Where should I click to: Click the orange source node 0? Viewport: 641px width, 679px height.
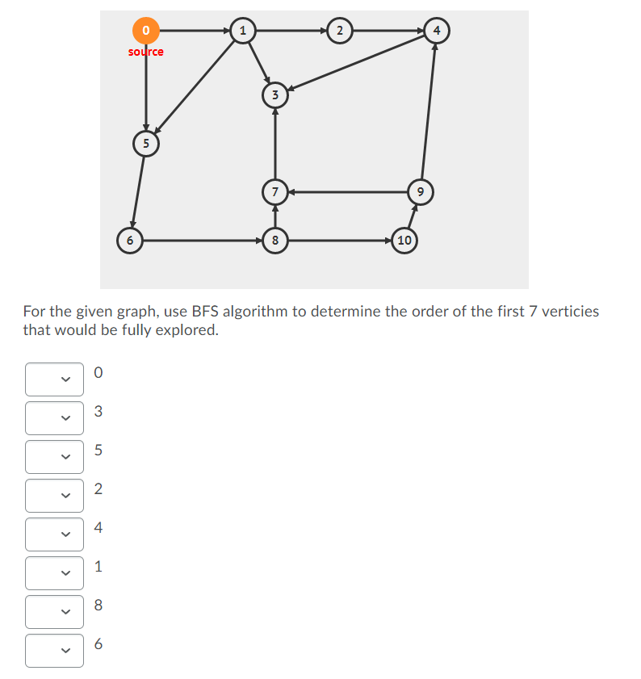(x=146, y=31)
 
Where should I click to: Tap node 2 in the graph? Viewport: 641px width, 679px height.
(x=340, y=31)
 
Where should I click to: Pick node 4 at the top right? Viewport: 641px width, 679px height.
(x=437, y=31)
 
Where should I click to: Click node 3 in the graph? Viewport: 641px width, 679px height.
(x=275, y=95)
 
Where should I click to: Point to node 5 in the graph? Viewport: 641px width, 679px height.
(x=146, y=144)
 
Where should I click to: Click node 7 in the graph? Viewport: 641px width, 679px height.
(x=275, y=192)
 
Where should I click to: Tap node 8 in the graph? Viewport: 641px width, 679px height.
(x=275, y=240)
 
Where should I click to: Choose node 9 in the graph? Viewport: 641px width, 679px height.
(x=421, y=192)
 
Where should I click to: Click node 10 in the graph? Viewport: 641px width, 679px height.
(x=404, y=240)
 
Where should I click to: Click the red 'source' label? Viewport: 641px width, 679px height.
(x=146, y=52)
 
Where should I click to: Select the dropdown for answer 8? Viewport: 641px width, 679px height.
(x=54, y=612)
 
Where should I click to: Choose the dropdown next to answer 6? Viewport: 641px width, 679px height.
(x=54, y=651)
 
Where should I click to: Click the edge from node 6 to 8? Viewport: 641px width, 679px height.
(x=202, y=240)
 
